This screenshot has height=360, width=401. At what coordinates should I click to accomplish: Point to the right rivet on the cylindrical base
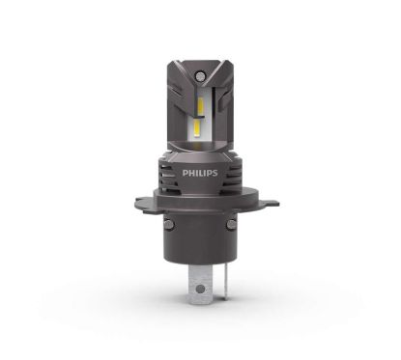tap(236, 229)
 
